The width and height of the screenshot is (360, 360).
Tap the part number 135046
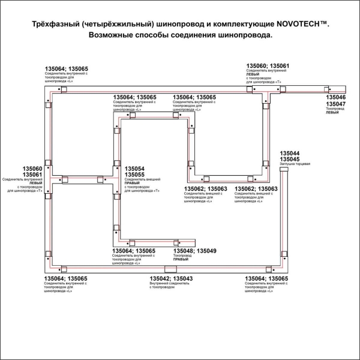pos(335,97)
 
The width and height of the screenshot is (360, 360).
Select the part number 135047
pos(335,104)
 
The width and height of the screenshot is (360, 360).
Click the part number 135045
pos(291,159)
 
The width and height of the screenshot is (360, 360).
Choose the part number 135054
pos(134,169)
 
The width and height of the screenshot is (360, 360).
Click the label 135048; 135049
pos(194,250)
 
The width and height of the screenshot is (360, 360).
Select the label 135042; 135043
pos(171,278)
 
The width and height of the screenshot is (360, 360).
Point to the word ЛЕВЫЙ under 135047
pos(332,113)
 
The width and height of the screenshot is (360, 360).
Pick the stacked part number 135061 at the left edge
pos(32,175)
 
